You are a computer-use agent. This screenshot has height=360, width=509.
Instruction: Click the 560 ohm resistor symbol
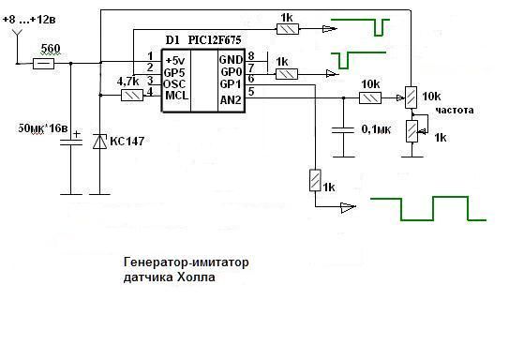[x=43, y=64]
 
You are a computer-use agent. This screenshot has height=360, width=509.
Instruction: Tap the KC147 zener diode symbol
[x=99, y=142]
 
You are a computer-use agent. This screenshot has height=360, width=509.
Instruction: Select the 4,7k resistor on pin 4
[x=132, y=96]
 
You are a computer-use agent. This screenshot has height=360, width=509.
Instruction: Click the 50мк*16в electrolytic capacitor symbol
[x=71, y=142]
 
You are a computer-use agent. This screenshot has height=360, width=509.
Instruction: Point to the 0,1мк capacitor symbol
[x=343, y=130]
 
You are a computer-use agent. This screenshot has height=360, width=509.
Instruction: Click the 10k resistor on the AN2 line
[x=370, y=97]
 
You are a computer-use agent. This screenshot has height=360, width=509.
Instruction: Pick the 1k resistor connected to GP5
[x=288, y=29]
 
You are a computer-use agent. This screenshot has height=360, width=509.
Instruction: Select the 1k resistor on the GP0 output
[x=287, y=74]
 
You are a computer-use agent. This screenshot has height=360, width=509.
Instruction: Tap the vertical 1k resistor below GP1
[x=315, y=180]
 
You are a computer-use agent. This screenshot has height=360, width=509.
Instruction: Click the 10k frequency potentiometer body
[x=411, y=97]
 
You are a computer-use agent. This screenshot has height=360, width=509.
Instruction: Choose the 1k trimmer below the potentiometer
[x=412, y=131]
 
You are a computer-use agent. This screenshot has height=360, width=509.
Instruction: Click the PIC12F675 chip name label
[x=215, y=40]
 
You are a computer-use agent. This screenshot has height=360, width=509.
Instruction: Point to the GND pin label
[x=231, y=60]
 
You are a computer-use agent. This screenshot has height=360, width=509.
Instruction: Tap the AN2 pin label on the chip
[x=231, y=100]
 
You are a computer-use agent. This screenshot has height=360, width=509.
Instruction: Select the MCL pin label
[x=176, y=96]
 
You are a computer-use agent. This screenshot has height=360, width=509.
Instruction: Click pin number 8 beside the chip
[x=251, y=56]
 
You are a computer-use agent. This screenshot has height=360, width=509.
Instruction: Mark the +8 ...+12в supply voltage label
[x=29, y=20]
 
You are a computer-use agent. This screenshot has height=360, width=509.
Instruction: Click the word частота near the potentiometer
[x=455, y=111]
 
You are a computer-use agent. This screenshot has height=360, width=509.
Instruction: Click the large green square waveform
[x=428, y=208]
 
